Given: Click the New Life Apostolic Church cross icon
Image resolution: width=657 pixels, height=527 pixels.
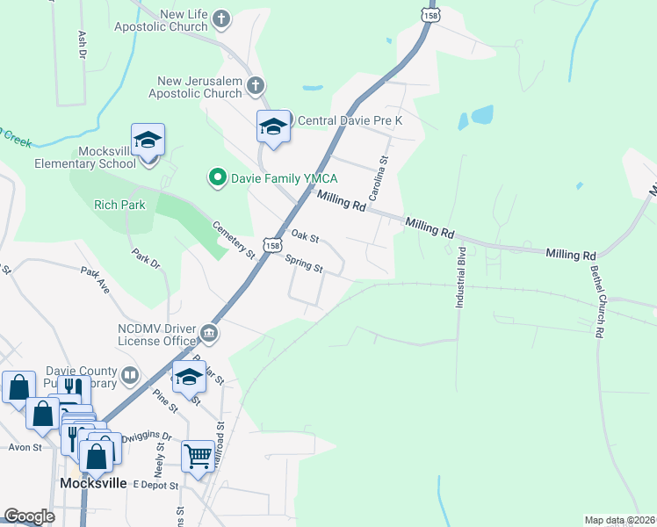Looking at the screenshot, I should coord(221,18).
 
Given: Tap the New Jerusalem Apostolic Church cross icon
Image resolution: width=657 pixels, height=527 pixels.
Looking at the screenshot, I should coord(256,85).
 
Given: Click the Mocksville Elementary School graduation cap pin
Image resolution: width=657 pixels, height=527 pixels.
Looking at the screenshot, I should coord(148,141).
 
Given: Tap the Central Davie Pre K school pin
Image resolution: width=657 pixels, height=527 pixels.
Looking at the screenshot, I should coord(273,127).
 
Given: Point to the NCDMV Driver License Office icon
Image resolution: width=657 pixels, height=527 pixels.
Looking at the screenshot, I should coord(210,332).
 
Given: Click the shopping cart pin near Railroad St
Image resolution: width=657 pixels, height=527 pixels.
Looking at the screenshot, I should coord(198,457).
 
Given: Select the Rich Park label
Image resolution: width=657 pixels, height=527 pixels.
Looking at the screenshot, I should coord(119,205).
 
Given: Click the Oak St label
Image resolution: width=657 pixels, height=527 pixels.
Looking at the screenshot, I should coord(304,236).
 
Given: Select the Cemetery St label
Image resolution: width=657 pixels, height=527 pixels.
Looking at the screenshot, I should coord(234,240).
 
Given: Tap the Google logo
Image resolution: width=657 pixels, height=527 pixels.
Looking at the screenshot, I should coord(29,516).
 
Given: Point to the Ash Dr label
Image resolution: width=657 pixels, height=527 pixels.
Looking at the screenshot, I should coord(83,45).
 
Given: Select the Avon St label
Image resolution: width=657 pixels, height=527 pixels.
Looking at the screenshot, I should coord(25,447).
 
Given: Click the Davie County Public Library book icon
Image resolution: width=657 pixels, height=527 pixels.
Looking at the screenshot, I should coord(130,376).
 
